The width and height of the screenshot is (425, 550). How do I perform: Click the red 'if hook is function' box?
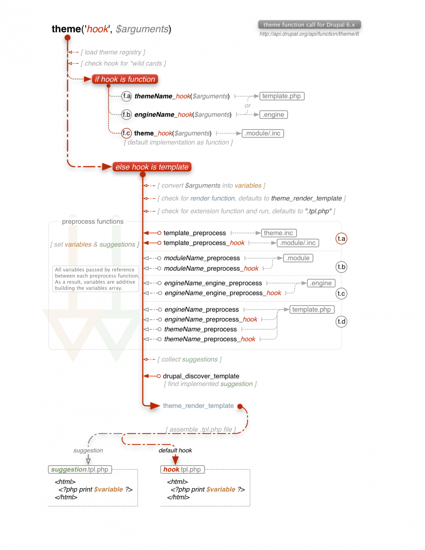(x=125, y=79)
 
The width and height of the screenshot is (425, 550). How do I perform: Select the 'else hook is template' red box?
(x=152, y=167)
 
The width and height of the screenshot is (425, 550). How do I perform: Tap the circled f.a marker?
(x=127, y=96)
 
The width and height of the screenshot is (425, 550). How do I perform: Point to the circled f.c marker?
(x=127, y=133)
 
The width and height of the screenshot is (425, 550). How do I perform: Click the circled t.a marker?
(x=341, y=238)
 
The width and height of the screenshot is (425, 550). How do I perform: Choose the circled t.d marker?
(x=341, y=321)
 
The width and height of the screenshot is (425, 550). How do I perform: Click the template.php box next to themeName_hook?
(x=282, y=96)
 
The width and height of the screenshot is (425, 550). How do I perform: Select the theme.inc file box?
(x=279, y=233)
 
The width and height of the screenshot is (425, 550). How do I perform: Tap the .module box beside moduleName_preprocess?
(x=298, y=258)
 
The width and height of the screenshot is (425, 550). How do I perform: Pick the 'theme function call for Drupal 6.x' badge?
(x=309, y=25)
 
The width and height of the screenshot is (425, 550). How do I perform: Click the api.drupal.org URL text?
(x=309, y=34)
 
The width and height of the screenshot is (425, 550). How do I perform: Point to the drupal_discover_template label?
(x=201, y=376)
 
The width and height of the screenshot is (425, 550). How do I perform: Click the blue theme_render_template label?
(x=198, y=406)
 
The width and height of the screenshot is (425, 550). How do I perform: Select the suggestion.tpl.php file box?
(x=80, y=469)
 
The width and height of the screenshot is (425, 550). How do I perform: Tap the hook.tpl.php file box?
(x=182, y=469)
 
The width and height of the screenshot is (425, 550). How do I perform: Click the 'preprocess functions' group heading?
(x=93, y=221)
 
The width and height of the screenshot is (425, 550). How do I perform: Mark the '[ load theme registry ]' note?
(x=113, y=52)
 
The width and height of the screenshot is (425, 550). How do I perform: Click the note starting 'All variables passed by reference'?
(x=95, y=279)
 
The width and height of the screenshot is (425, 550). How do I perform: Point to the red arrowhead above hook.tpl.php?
(x=175, y=460)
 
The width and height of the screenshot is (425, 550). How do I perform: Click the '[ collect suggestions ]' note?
(x=189, y=359)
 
